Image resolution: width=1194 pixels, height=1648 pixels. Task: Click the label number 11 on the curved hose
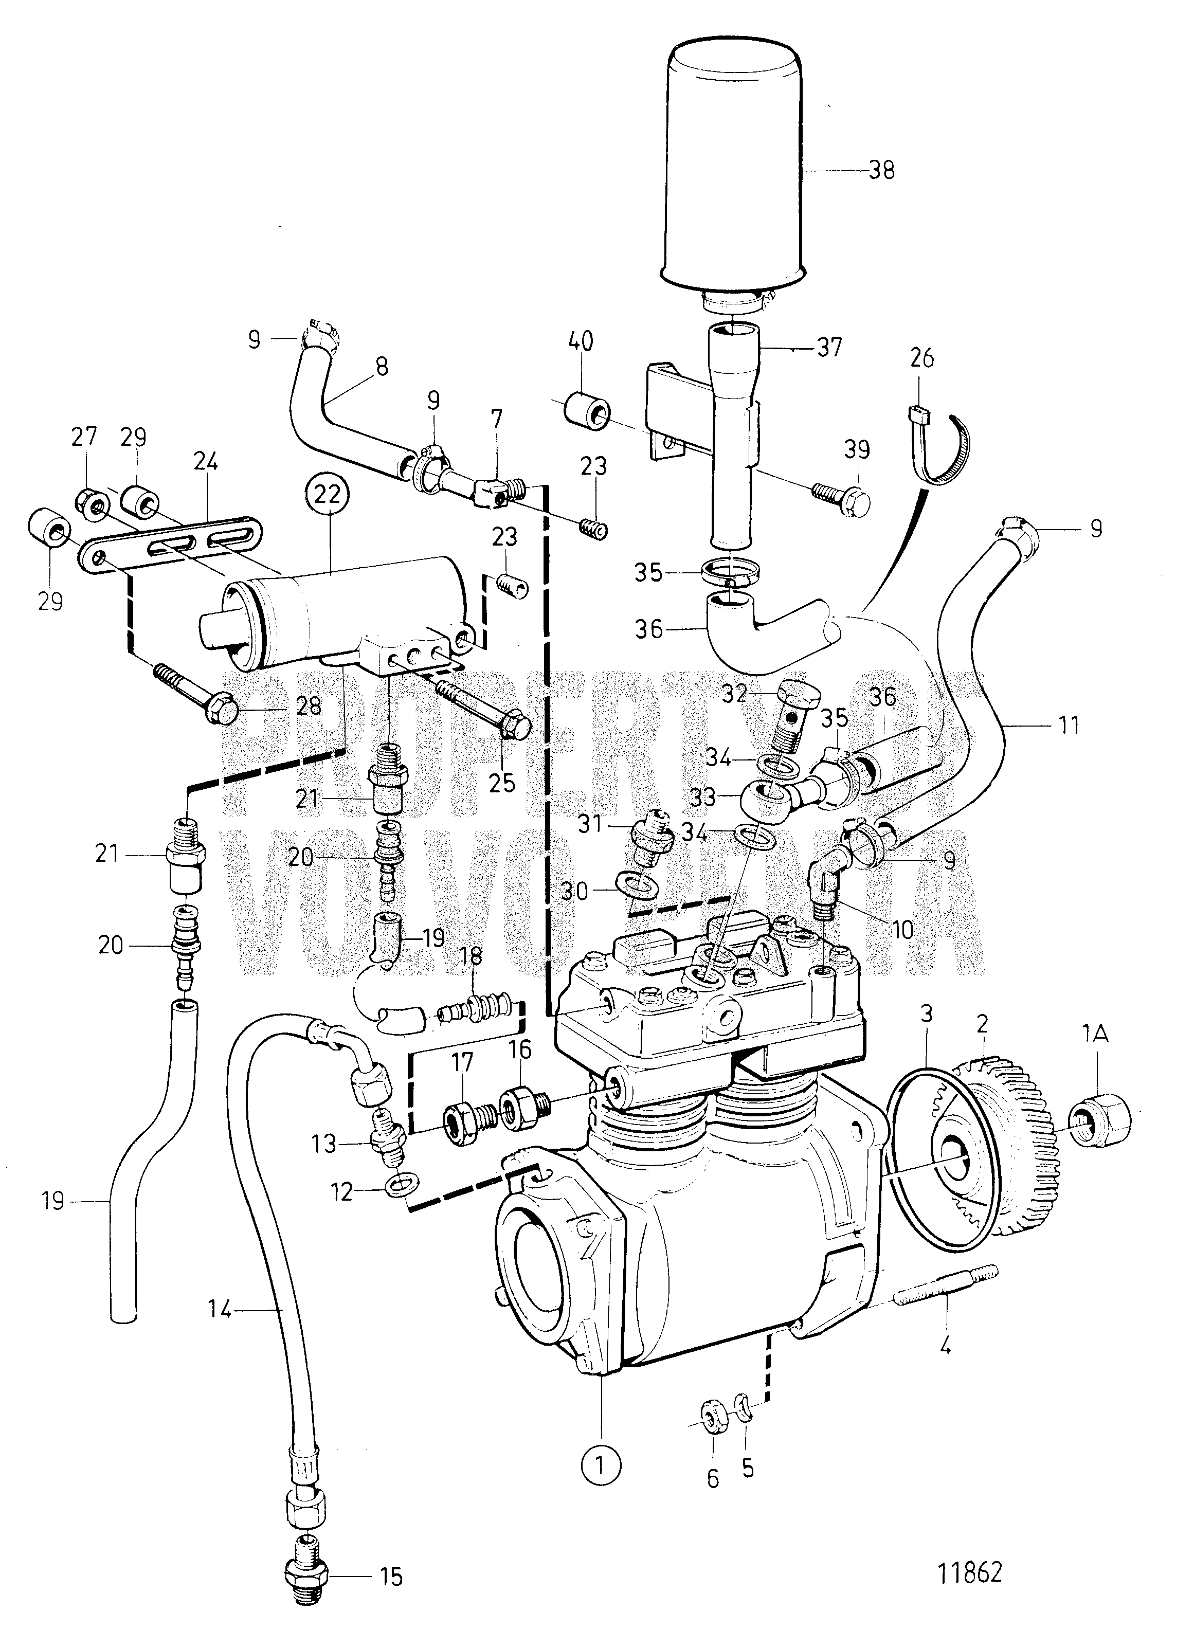coord(1068,725)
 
